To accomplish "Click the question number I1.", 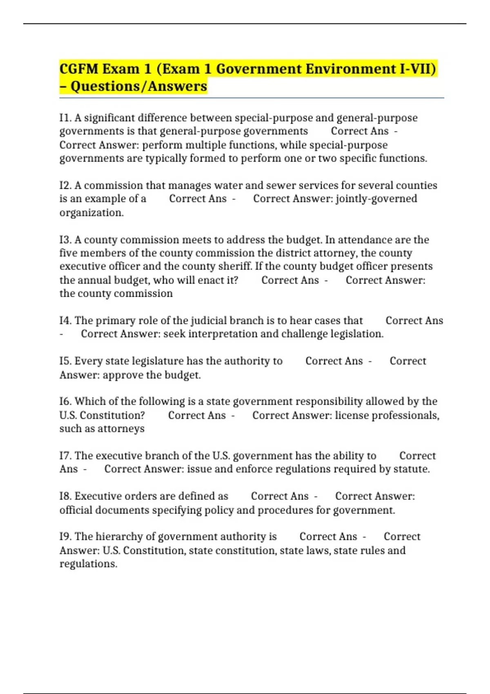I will pos(65,118).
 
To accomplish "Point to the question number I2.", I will pos(65,185).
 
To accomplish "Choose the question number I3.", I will pos(65,240).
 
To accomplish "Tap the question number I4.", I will pos(65,320).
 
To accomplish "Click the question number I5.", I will pos(65,361).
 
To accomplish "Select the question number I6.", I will pos(65,401).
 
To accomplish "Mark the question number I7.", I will pos(65,456).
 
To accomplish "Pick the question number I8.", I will pos(65,496).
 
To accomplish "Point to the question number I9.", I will pos(65,536).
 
